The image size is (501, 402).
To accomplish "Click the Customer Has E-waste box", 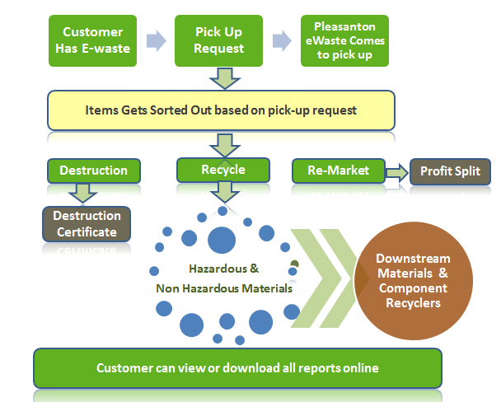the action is [x=92, y=40].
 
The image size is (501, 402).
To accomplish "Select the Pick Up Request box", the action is [x=218, y=40].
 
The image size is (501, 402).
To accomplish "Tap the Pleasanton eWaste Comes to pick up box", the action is [x=344, y=40].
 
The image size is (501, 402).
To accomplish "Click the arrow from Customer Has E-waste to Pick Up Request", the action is [x=157, y=40].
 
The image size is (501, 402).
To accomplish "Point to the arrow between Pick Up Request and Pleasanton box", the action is [x=282, y=40].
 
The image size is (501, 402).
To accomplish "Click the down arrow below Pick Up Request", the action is [x=225, y=78].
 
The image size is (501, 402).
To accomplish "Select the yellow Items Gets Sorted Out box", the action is [x=221, y=110].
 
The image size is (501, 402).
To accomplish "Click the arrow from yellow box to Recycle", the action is [x=225, y=146].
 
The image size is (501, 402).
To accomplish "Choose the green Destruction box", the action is [x=94, y=171].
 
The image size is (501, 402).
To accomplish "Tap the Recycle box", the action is [x=223, y=170].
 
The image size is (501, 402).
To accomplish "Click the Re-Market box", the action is [x=339, y=171].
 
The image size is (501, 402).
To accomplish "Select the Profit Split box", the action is [x=450, y=171].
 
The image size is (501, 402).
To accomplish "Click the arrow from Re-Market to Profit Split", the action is [x=397, y=173].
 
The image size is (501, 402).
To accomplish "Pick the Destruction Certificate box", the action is [x=87, y=224].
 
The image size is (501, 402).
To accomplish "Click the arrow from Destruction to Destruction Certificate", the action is [x=82, y=193].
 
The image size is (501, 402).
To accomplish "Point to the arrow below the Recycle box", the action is [x=225, y=192].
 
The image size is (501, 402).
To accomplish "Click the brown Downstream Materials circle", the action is [x=414, y=281].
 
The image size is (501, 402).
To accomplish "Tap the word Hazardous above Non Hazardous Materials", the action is [x=218, y=269].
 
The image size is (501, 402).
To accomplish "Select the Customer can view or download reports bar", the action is [x=237, y=368].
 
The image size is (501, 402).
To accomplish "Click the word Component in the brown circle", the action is [x=413, y=288].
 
